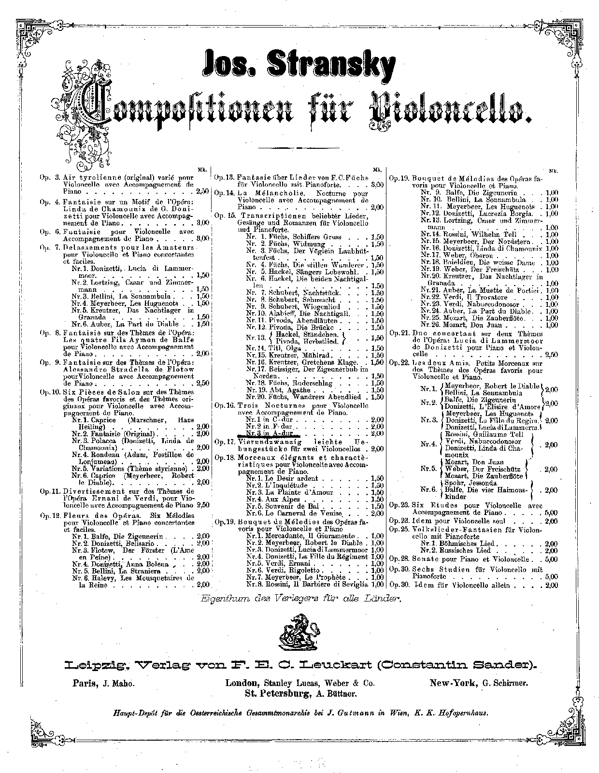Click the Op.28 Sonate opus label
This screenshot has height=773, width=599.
click(399, 559)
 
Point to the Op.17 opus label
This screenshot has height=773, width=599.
click(225, 442)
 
